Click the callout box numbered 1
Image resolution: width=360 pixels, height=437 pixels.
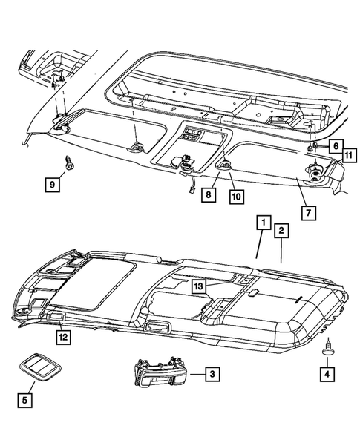264,222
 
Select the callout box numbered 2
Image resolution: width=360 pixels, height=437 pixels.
281,231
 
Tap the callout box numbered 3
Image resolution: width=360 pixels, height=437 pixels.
212,374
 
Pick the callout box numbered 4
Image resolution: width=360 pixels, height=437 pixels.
327,374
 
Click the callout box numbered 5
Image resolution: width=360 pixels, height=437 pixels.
24,400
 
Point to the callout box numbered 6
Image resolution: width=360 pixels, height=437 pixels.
336,145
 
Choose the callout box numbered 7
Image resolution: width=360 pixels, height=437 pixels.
308,213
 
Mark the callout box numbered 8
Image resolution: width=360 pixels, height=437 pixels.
209,194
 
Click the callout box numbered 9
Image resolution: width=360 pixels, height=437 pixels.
53,184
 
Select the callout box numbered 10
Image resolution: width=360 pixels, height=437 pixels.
236,197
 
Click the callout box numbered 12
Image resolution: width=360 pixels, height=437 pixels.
63,337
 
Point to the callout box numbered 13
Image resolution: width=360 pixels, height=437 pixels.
198,286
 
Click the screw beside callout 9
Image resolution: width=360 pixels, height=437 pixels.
68,162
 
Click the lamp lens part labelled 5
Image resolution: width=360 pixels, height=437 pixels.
40,367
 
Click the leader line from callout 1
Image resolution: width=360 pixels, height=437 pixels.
260,244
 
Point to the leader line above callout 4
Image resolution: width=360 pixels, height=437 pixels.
327,361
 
